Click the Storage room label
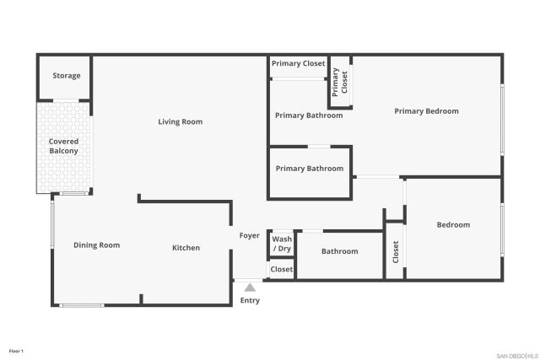[67, 76]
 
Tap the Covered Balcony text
[63, 146]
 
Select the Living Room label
[181, 122]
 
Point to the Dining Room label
[96, 245]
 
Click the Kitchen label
[186, 248]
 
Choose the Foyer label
[249, 236]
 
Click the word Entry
[250, 301]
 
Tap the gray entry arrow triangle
[250, 288]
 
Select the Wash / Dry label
[282, 244]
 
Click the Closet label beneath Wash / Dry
[282, 270]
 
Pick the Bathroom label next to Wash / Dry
[339, 251]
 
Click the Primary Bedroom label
[426, 111]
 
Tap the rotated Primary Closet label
[340, 82]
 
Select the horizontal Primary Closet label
[299, 63]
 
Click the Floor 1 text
[16, 350]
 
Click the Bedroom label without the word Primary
[453, 225]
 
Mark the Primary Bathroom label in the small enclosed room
[310, 169]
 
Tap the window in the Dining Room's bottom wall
[82, 305]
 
